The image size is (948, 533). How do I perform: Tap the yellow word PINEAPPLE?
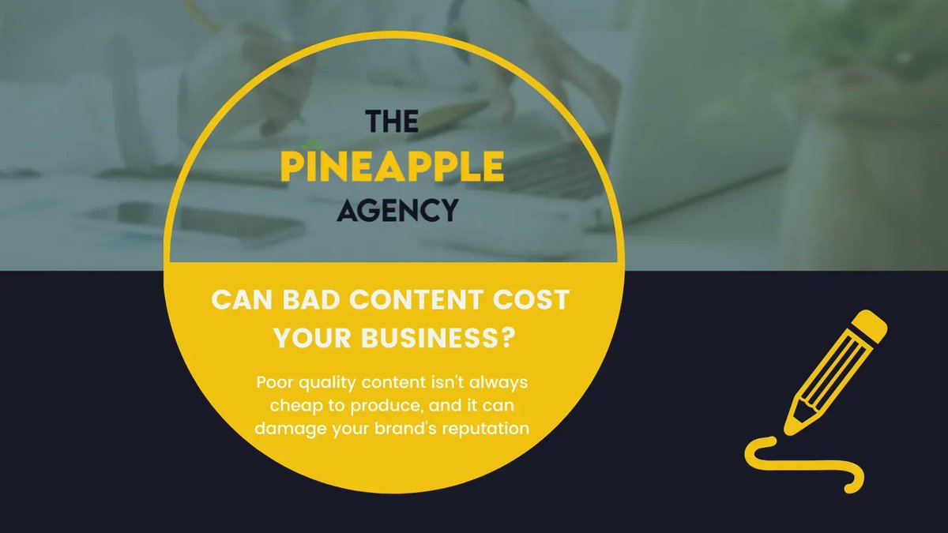[393, 166]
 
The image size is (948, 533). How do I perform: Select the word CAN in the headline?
[240, 301]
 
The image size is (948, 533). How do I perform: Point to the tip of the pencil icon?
[790, 426]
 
